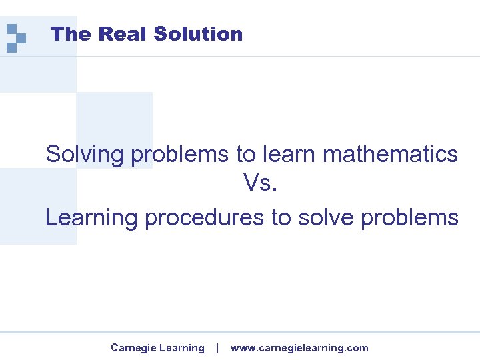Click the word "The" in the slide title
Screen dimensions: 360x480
point(65,34)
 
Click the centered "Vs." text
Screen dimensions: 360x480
point(260,183)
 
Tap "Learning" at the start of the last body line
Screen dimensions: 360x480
point(91,218)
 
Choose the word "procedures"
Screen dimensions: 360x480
point(204,218)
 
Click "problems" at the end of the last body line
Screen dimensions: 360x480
point(410,218)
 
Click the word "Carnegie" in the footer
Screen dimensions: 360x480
point(131,348)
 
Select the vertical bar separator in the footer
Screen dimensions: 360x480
point(217,348)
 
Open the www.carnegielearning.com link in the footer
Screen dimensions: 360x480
point(299,348)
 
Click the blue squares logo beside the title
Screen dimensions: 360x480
point(15,37)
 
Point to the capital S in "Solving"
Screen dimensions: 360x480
point(53,154)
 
